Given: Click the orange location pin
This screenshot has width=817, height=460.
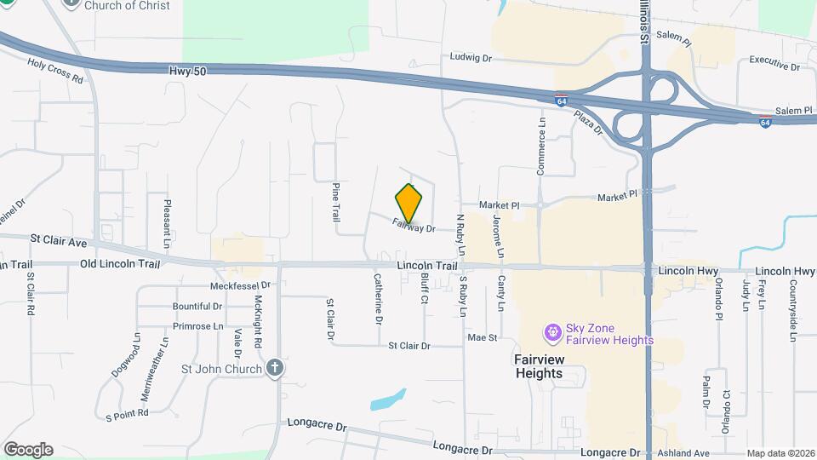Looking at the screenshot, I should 409,204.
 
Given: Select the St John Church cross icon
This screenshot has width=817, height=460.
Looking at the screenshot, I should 274,368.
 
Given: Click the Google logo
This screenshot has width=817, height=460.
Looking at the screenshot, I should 28,450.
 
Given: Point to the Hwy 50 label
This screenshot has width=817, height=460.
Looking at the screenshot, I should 183,74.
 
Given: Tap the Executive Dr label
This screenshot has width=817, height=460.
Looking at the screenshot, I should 774,66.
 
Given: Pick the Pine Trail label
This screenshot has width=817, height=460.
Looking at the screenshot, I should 336,202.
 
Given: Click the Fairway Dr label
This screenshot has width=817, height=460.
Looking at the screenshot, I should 414,227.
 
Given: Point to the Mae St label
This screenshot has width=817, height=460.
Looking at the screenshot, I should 482,338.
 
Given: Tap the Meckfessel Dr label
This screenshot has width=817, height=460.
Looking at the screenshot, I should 240,285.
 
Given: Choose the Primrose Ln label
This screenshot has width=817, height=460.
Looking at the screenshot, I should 197,326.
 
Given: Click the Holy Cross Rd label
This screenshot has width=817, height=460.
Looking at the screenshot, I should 55,71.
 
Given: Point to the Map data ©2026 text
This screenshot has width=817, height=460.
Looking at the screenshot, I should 780,453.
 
